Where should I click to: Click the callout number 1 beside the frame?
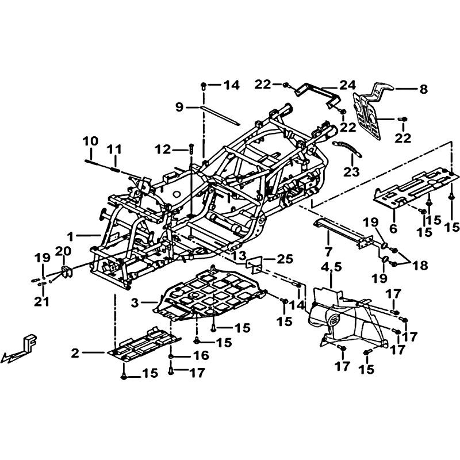pyautogui.click(x=70, y=236)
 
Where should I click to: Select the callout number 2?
pyautogui.click(x=75, y=353)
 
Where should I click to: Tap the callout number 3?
pyautogui.click(x=135, y=303)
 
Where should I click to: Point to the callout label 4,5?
pyautogui.click(x=332, y=267)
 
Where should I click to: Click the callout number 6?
pyautogui.click(x=393, y=228)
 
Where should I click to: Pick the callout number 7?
pyautogui.click(x=328, y=251)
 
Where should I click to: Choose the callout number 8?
pyautogui.click(x=423, y=89)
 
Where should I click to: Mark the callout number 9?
pyautogui.click(x=179, y=107)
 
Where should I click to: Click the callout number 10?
pyautogui.click(x=90, y=141)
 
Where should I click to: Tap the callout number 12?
pyautogui.click(x=163, y=150)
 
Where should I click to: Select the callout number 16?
pyautogui.click(x=201, y=355)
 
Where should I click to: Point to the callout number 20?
pyautogui.click(x=63, y=251)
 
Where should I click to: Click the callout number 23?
pyautogui.click(x=351, y=172)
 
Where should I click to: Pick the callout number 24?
pyautogui.click(x=348, y=85)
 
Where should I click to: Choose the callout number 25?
pyautogui.click(x=285, y=259)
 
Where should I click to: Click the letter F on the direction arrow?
pyautogui.click(x=31, y=342)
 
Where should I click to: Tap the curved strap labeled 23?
pyautogui.click(x=347, y=148)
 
